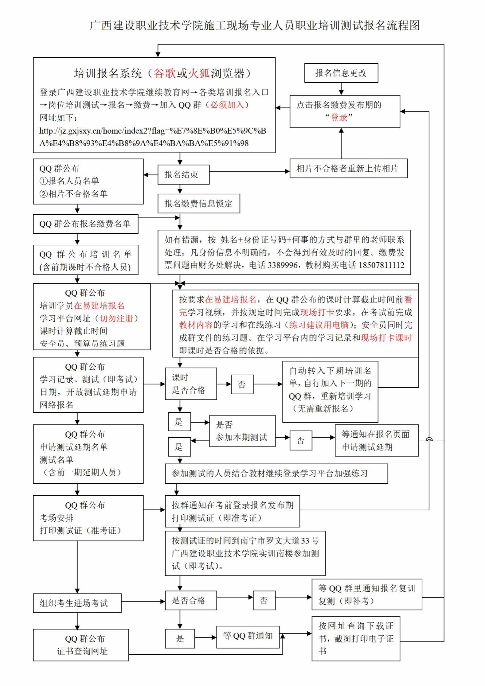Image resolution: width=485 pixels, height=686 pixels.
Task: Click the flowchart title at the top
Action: click(x=254, y=26)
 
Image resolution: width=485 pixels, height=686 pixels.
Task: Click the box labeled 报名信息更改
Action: click(x=341, y=73)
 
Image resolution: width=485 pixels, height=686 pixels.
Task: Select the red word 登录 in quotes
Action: click(x=339, y=117)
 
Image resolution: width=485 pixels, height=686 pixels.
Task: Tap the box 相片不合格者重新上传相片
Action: click(x=348, y=168)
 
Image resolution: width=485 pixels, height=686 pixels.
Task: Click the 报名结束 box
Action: click(x=183, y=174)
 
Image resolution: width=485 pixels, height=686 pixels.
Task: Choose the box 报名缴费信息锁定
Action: click(x=198, y=203)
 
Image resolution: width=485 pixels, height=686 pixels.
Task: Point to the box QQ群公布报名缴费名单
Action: click(x=85, y=224)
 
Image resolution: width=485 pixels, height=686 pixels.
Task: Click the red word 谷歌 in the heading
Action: click(x=165, y=73)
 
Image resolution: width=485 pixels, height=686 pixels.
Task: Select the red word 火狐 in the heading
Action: click(x=199, y=73)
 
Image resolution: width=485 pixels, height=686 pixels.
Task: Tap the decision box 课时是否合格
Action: click(x=191, y=384)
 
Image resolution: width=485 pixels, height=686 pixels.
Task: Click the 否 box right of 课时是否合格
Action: click(x=242, y=384)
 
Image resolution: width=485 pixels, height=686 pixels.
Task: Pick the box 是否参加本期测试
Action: click(x=242, y=431)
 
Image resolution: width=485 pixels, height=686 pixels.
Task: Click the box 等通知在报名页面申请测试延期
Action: click(x=376, y=440)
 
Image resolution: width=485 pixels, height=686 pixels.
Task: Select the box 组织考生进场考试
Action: click(x=77, y=603)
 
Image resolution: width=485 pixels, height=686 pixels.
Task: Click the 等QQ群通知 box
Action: click(x=247, y=636)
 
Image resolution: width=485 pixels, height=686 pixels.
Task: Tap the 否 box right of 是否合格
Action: click(x=264, y=600)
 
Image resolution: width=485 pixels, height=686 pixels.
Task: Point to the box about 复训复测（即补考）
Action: click(x=366, y=594)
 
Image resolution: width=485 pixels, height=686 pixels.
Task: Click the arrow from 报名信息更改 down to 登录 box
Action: click(x=341, y=89)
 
